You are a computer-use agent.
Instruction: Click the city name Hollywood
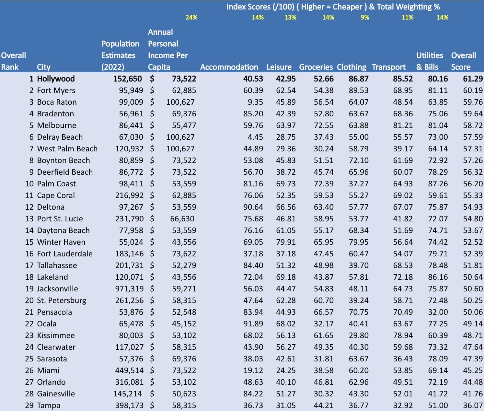click(x=56, y=79)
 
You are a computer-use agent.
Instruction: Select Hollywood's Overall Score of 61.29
click(x=473, y=79)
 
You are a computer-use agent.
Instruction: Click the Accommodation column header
click(x=229, y=67)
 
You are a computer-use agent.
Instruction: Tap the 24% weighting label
click(x=191, y=18)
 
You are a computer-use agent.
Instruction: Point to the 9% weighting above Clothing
click(x=365, y=18)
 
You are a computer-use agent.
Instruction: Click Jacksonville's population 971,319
click(x=129, y=289)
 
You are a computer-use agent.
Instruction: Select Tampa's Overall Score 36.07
click(x=473, y=405)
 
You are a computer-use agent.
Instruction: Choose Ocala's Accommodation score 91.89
click(x=253, y=324)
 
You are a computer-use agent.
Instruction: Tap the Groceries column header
click(x=316, y=67)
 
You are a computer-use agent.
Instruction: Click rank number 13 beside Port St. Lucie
click(x=29, y=219)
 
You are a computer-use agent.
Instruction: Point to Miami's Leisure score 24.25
click(x=286, y=370)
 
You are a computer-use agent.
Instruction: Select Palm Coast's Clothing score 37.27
click(x=358, y=184)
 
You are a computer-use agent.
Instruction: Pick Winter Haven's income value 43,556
click(x=184, y=242)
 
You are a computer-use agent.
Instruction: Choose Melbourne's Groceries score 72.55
click(x=323, y=125)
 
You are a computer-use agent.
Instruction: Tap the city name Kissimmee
click(x=56, y=335)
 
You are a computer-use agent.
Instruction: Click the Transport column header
click(x=388, y=67)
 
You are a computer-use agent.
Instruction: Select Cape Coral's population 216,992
click(x=129, y=195)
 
